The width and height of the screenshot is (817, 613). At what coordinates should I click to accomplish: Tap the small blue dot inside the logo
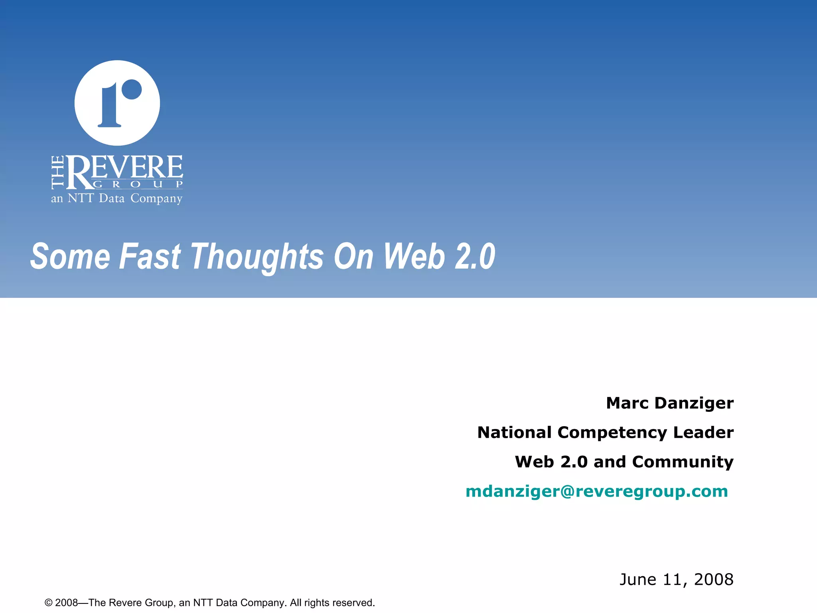(x=132, y=89)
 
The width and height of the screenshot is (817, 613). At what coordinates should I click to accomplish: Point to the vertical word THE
(x=58, y=172)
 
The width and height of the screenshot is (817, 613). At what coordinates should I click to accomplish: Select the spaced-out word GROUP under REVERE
(x=138, y=184)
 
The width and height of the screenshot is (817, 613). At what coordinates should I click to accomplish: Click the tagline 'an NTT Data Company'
(x=116, y=198)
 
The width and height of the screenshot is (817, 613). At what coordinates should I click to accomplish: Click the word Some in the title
(x=70, y=257)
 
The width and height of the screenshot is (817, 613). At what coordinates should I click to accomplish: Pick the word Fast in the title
(x=150, y=257)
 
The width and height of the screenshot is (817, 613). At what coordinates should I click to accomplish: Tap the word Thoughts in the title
(x=257, y=257)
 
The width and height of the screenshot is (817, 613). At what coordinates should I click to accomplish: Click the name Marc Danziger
(x=670, y=403)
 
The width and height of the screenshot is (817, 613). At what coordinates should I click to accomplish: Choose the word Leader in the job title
(x=703, y=433)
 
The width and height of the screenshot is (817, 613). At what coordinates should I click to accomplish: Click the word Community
(x=683, y=462)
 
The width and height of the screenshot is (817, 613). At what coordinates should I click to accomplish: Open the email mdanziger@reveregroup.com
(x=597, y=491)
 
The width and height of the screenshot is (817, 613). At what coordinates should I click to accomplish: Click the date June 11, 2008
(x=676, y=579)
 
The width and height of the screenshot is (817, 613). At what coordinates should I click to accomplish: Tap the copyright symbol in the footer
(x=49, y=603)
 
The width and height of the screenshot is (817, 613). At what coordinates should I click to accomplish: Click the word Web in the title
(x=414, y=257)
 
